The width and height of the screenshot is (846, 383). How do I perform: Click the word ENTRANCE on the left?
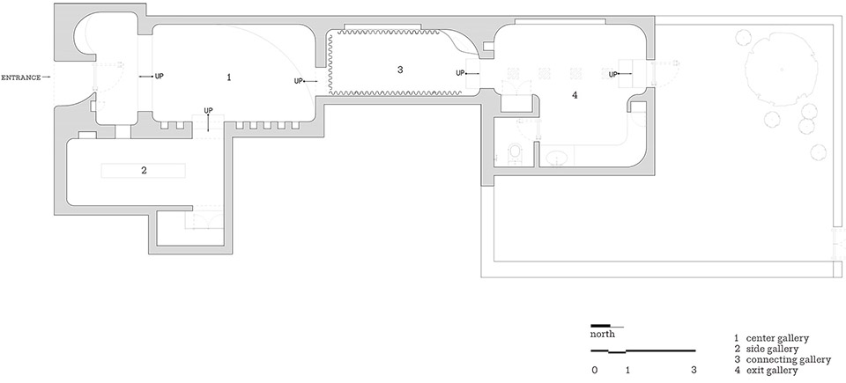(20, 77)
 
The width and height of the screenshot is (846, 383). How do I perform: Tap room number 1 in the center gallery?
(229, 77)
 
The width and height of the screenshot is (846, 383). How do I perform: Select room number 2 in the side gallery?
(144, 171)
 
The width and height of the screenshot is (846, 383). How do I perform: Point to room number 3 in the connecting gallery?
(399, 70)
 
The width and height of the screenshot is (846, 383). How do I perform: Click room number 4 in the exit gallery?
(575, 95)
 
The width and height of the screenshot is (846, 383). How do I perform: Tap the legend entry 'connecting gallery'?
(788, 360)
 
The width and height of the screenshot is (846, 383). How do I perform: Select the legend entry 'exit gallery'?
(772, 371)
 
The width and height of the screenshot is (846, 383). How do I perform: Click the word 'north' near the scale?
(603, 335)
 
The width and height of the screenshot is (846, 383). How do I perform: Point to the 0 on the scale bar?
(595, 371)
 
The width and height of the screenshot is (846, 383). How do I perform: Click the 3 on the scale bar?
(694, 371)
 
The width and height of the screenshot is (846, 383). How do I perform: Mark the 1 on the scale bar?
(627, 371)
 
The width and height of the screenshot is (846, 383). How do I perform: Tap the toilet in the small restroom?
(516, 151)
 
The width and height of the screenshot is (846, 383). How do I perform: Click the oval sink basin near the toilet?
(556, 158)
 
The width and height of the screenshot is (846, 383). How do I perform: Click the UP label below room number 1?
(209, 111)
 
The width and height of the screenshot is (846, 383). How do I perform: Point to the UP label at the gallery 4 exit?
(613, 74)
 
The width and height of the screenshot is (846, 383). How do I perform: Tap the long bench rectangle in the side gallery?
(144, 171)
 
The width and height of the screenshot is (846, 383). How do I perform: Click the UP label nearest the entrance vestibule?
(160, 77)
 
